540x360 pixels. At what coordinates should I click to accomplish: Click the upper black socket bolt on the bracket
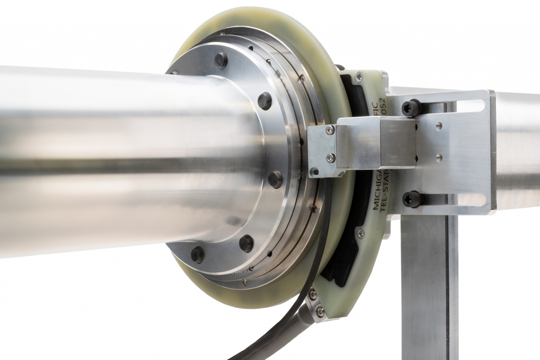pos(411,108)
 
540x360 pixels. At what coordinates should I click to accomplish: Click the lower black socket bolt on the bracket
pos(411,199)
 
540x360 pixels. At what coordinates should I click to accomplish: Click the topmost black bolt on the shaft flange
pos(221,60)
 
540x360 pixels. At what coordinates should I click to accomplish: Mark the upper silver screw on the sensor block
pos(330,130)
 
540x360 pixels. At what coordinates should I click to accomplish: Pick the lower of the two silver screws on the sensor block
pos(330,157)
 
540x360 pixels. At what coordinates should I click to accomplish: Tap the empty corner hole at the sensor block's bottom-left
pos(314,171)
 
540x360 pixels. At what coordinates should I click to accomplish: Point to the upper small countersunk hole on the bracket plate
pos(439,126)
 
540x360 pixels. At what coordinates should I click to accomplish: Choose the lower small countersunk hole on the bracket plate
pos(439,157)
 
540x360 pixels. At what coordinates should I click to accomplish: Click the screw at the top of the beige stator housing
pos(359,77)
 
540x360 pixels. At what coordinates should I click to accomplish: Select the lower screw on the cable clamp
pos(320,312)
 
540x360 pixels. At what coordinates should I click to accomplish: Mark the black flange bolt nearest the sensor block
pos(275,179)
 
